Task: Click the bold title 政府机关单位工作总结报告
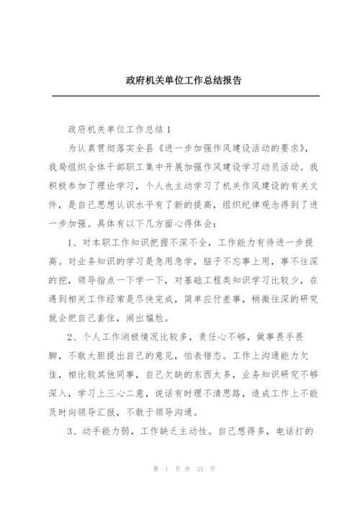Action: click(179, 81)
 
